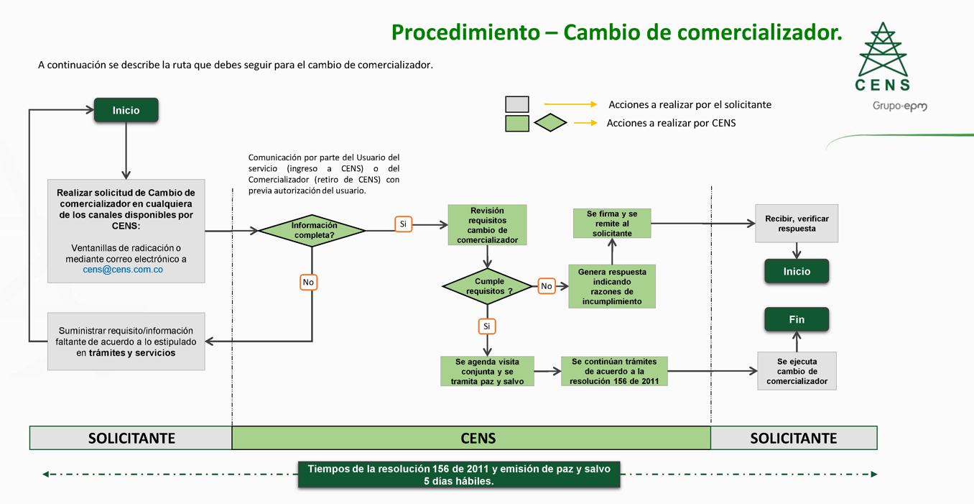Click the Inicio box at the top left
(126, 111)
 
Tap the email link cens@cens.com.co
(123, 270)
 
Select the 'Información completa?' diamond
(312, 230)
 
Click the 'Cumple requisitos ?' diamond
(488, 286)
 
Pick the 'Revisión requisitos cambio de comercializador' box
(487, 225)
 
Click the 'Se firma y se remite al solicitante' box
(612, 224)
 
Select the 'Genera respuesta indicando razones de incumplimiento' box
(612, 286)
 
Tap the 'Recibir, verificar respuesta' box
(797, 224)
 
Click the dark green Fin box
(797, 319)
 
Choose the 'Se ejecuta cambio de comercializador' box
(797, 371)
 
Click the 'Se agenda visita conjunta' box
(487, 371)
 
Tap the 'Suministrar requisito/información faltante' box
(126, 342)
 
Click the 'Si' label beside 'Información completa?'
(403, 224)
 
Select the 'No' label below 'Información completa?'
(308, 283)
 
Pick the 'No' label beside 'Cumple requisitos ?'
(547, 286)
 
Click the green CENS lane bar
(471, 438)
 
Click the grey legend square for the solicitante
(517, 104)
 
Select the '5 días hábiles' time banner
(459, 475)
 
